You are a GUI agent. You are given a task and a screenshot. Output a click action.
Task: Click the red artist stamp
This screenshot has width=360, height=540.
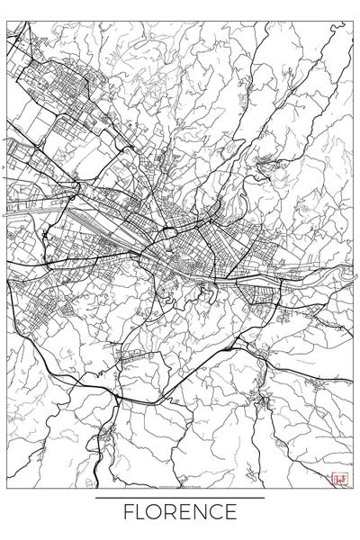[x=337, y=478]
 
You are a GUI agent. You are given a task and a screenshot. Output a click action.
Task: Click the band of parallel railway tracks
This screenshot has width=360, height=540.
[x=90, y=216]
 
